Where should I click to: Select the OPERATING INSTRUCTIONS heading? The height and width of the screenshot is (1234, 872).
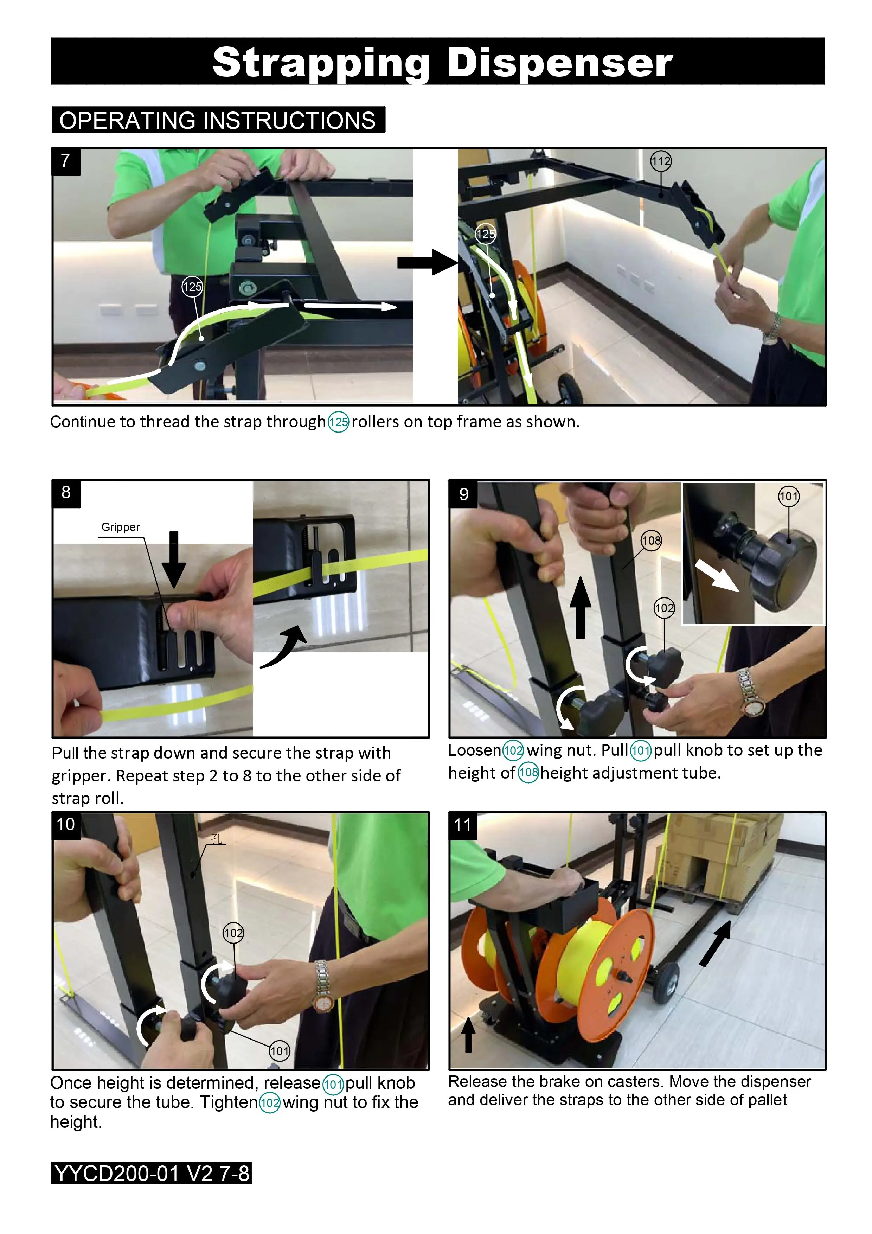(218, 120)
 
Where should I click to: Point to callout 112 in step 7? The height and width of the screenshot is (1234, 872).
(660, 161)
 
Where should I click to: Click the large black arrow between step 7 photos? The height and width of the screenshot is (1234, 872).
(428, 262)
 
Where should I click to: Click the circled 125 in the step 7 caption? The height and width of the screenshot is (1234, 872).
(339, 422)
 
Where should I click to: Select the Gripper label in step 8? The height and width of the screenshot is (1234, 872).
(120, 527)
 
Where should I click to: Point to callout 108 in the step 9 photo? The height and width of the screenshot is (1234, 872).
(651, 540)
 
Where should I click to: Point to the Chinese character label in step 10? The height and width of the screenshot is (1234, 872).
(217, 839)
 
